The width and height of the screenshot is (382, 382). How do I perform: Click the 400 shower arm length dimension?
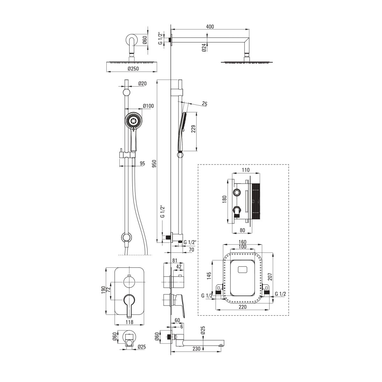[x=210, y=26]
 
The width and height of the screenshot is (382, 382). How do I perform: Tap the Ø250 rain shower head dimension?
[x=133, y=68]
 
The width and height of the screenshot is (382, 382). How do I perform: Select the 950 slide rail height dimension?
[x=154, y=163]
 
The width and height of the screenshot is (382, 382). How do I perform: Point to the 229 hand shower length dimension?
[x=193, y=129]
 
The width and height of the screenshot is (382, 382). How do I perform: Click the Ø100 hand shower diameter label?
[x=148, y=106]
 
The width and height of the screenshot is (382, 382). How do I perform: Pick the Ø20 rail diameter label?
[x=143, y=83]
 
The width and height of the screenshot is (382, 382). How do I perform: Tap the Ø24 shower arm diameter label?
[x=204, y=47]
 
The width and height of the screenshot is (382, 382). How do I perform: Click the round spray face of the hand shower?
[x=134, y=121]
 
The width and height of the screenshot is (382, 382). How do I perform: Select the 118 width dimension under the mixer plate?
[x=130, y=322]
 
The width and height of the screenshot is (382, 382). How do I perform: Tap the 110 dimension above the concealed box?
[x=246, y=170]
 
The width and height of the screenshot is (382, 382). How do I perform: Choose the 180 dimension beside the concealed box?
[x=224, y=199]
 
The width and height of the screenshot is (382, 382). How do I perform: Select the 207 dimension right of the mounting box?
[x=270, y=277]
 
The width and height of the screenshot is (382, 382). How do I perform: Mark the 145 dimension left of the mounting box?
[x=209, y=276]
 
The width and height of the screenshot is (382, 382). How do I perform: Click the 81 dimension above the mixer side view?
[x=175, y=260]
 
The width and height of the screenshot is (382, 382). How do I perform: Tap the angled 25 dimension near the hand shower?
[x=204, y=103]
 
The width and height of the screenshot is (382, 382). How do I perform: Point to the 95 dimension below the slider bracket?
[x=142, y=163]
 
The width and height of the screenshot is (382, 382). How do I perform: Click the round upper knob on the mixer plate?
[x=129, y=282]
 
